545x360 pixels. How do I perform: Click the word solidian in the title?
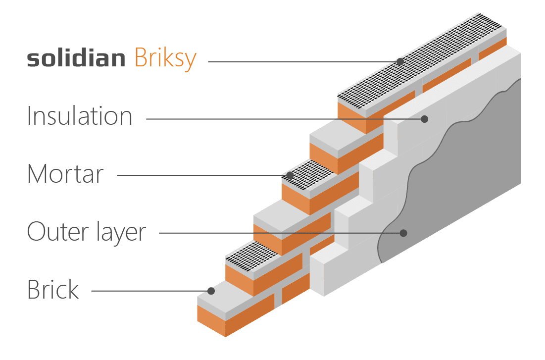76,59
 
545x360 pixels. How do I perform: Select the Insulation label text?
80,116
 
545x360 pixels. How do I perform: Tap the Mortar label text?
65,174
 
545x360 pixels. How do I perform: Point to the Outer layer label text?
87,232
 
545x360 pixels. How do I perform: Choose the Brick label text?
53,290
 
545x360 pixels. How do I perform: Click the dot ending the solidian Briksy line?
400,62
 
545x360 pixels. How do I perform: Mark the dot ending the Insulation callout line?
424,119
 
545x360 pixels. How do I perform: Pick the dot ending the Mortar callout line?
289,175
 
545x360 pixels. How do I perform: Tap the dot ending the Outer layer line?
403,233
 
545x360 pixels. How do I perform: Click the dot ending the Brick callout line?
211,291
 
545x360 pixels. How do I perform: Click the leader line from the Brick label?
149,291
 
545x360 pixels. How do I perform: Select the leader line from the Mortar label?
198,175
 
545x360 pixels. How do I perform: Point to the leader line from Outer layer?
277,233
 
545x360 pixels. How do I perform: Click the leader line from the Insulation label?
282,119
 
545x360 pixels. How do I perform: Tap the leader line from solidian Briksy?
302,62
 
